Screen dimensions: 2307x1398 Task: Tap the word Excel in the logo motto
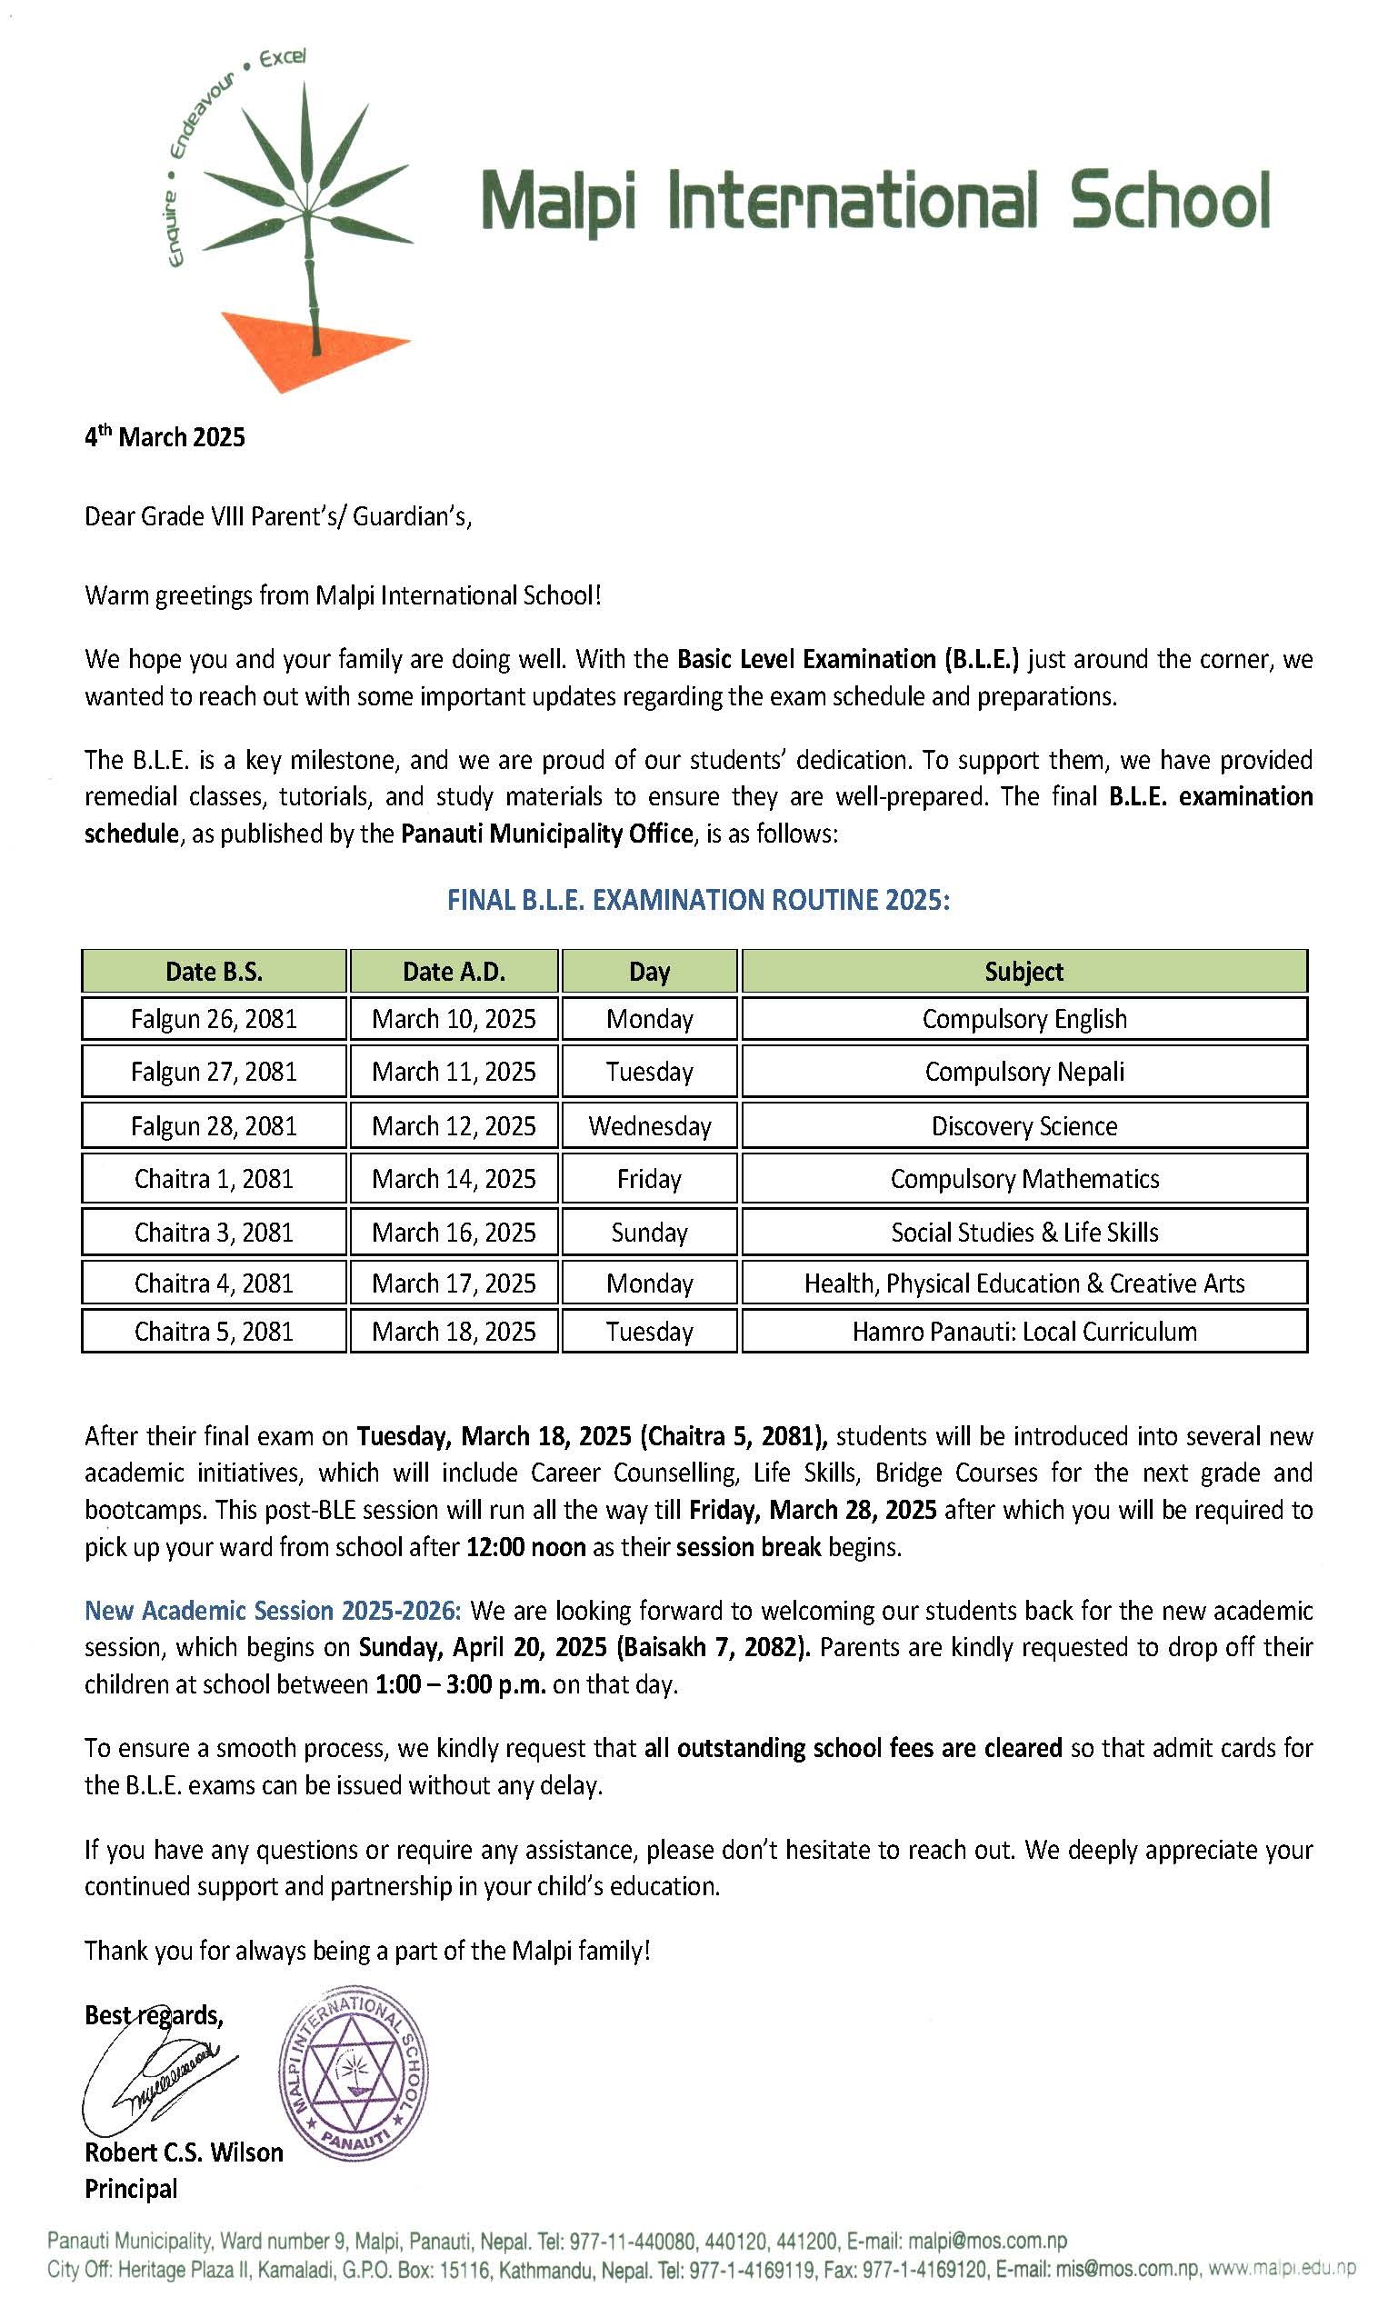pyautogui.click(x=282, y=58)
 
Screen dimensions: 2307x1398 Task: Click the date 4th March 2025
pyautogui.click(x=165, y=437)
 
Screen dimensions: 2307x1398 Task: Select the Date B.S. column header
pyautogui.click(x=214, y=971)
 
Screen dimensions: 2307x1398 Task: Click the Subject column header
pyautogui.click(x=1024, y=971)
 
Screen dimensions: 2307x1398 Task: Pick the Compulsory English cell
pyautogui.click(x=1024, y=1019)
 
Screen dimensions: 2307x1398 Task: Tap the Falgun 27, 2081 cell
pyautogui.click(x=214, y=1071)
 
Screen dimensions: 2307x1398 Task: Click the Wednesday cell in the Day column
pyautogui.click(x=649, y=1125)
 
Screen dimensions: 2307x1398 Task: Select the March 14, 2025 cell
pyautogui.click(x=454, y=1179)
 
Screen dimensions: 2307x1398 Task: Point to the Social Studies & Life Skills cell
pyautogui.click(x=1024, y=1233)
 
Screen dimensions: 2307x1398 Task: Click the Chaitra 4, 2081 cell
pyautogui.click(x=214, y=1283)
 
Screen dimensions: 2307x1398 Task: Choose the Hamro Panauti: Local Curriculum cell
pyautogui.click(x=1024, y=1332)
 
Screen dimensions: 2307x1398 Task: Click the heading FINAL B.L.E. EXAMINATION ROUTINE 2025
pyautogui.click(x=698, y=901)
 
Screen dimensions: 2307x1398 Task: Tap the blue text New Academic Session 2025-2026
pyautogui.click(x=273, y=1611)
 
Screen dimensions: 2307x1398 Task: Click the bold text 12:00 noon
pyautogui.click(x=525, y=1547)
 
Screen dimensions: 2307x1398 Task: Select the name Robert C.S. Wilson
pyautogui.click(x=184, y=2152)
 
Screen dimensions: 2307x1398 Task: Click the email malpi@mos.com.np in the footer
pyautogui.click(x=987, y=2242)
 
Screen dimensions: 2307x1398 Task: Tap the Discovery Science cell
pyautogui.click(x=1024, y=1125)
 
